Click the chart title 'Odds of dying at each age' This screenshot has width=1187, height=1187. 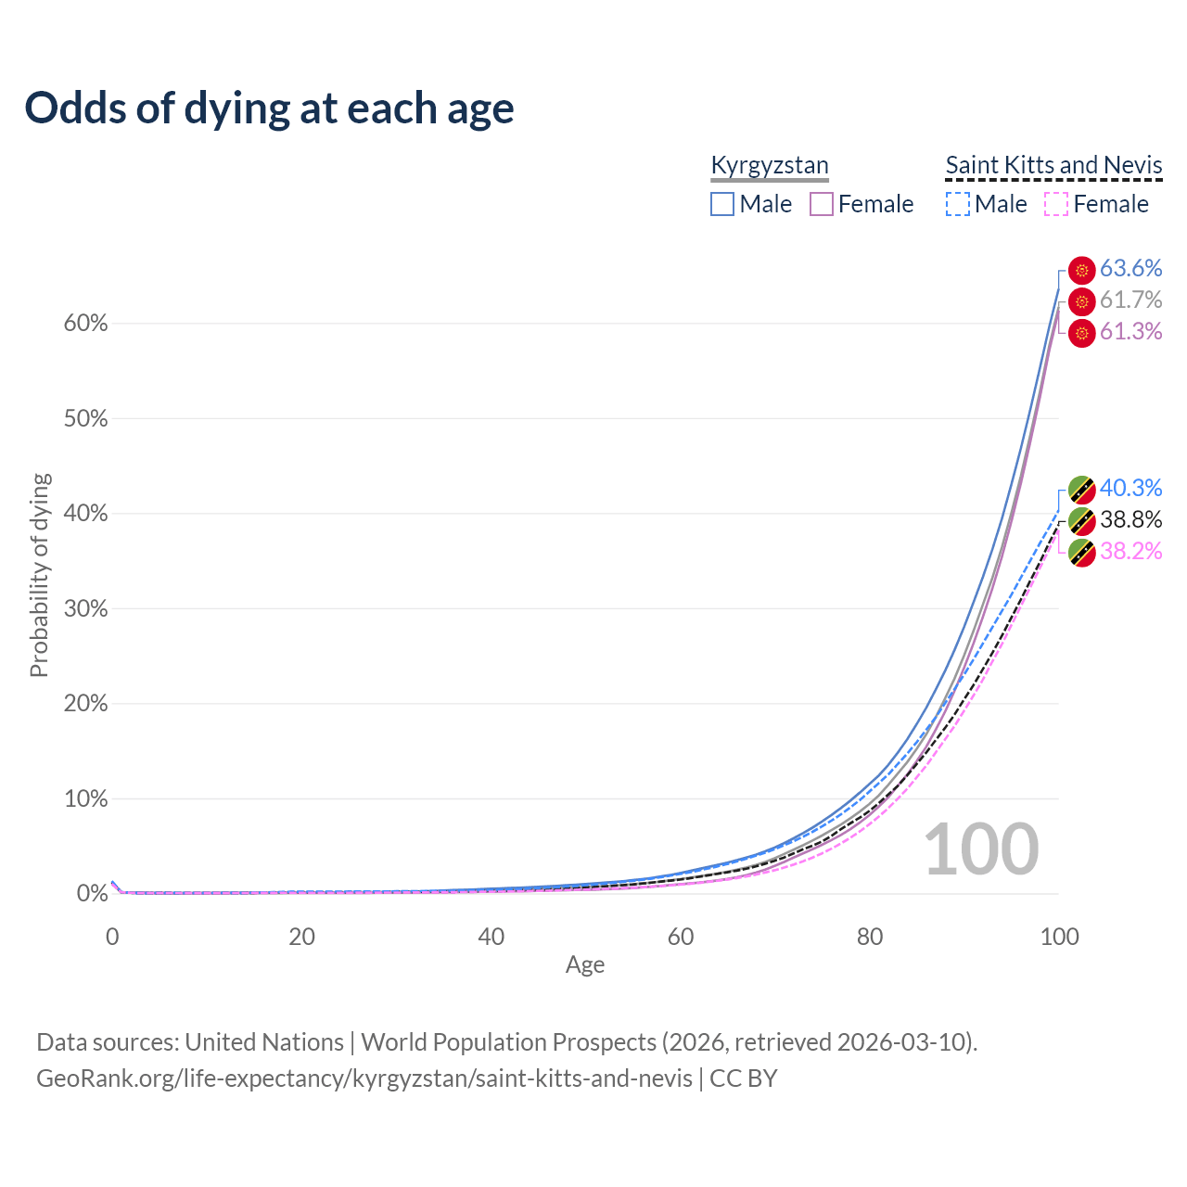point(269,108)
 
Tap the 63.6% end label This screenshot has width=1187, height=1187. point(1130,268)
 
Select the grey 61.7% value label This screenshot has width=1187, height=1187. point(1130,300)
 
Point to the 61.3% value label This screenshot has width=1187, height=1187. point(1130,331)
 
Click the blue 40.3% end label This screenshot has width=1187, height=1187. point(1130,488)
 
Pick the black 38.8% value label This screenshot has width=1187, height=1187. point(1130,519)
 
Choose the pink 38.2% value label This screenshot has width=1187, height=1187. point(1130,551)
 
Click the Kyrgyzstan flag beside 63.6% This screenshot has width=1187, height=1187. point(1081,270)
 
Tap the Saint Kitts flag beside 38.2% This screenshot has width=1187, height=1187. point(1081,553)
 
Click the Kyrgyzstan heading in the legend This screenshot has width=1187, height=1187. point(769,165)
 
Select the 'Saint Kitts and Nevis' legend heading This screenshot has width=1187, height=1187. point(1053,165)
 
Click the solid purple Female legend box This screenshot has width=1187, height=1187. point(822,204)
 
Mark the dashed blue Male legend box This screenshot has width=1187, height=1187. point(958,204)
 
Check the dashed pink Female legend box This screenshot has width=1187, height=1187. point(1056,204)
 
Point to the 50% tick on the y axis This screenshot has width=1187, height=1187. point(85,419)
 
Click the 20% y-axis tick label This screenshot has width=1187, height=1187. point(85,704)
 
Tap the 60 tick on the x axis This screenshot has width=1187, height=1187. point(681,937)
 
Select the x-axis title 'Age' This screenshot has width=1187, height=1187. point(585,964)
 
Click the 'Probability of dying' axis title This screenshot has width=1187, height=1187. point(39,575)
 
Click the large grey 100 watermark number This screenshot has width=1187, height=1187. point(981,849)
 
